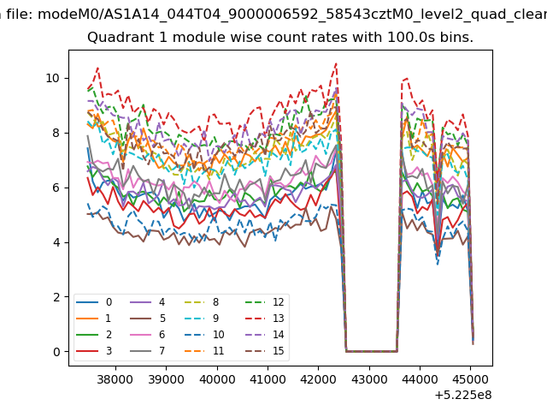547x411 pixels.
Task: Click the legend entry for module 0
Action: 94,302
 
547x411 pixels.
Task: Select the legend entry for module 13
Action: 265,319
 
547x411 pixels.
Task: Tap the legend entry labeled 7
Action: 148,351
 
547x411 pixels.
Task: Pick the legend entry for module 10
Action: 204,335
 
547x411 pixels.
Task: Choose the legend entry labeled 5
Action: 148,319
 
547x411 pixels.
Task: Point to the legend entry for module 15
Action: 265,351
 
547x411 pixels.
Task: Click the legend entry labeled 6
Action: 148,335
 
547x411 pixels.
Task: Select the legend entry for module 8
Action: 202,302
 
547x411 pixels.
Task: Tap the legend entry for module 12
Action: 265,302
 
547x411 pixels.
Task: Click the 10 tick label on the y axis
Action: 52,78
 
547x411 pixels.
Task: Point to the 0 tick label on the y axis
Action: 56,352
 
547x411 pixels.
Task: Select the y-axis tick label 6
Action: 56,188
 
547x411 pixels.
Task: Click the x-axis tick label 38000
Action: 115,379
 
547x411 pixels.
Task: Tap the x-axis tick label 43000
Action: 369,379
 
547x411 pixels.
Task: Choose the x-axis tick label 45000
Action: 471,379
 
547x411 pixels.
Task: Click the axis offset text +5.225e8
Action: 463,396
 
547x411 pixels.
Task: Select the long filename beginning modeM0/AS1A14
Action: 292,15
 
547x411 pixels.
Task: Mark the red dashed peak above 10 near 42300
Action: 336,63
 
